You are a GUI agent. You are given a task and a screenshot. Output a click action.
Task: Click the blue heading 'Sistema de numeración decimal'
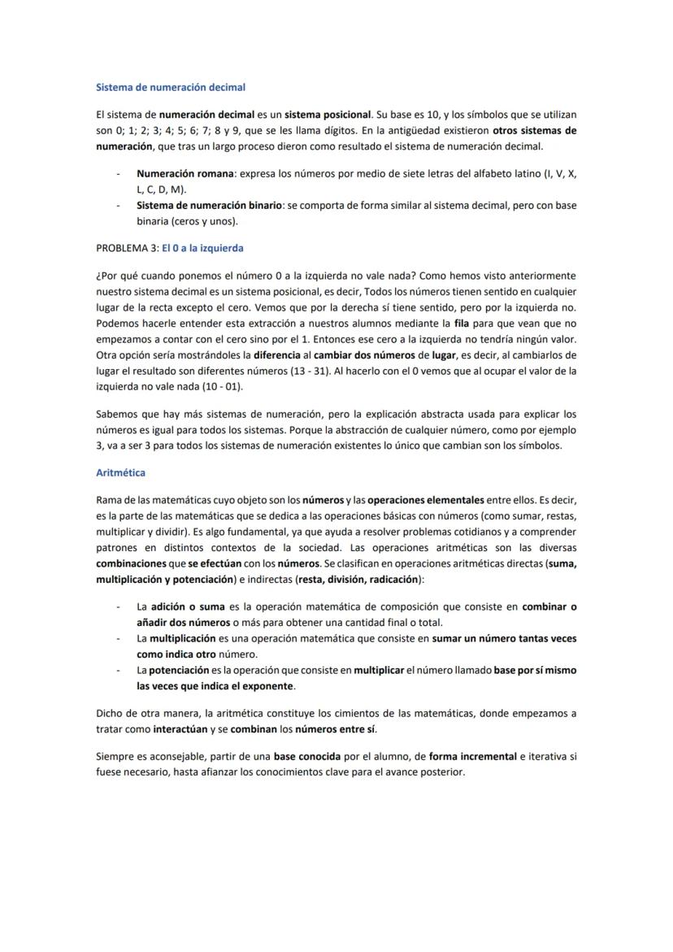click(171, 86)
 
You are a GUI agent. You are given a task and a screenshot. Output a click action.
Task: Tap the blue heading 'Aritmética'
click(120, 472)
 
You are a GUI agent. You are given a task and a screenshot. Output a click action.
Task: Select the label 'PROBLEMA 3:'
click(127, 247)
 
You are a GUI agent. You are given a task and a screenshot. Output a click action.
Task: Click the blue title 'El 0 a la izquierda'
click(202, 247)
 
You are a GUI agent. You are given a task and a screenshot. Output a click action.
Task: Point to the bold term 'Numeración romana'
click(185, 174)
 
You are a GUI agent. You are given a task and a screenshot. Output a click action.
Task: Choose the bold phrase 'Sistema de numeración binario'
click(209, 206)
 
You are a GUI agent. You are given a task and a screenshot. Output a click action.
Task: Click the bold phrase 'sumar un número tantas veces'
click(504, 638)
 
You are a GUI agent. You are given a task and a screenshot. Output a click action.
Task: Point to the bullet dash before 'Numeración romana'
click(119, 174)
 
